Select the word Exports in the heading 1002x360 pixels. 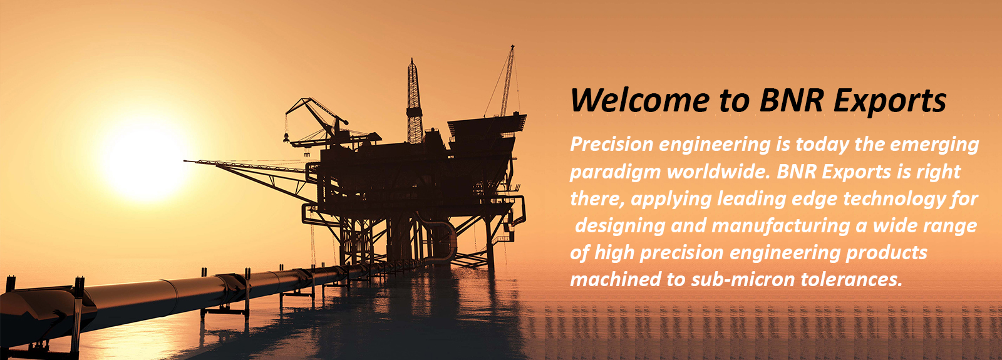point(890,103)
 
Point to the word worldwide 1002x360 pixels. point(718,172)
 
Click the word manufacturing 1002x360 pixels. point(780,226)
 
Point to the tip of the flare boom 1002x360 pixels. point(185,161)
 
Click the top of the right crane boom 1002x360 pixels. point(513,46)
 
